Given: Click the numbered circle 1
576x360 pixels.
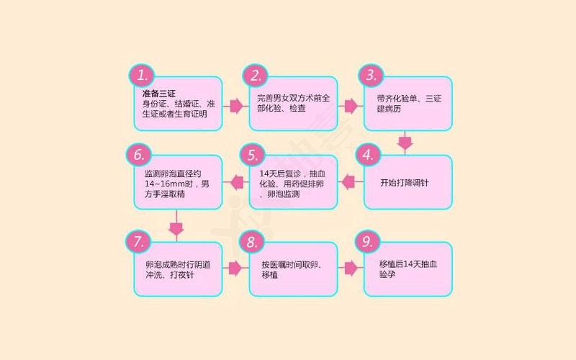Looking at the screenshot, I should pos(143,76).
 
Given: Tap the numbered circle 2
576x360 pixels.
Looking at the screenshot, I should pos(256,76).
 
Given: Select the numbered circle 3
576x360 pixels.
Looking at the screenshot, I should pos(370,76).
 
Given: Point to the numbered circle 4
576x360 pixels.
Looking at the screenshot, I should pos(370,155).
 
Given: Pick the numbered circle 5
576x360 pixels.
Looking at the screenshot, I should pos(253,155).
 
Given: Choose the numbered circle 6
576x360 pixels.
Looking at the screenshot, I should pos(140,155).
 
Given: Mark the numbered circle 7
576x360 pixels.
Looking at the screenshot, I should pos(140,241).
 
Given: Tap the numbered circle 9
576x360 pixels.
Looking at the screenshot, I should pos(370,241).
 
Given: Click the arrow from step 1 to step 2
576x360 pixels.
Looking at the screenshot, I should pos(235,106).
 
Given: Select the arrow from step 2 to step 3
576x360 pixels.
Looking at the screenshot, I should pos(351,106).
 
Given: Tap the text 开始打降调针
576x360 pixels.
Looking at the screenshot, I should pos(405,184).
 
